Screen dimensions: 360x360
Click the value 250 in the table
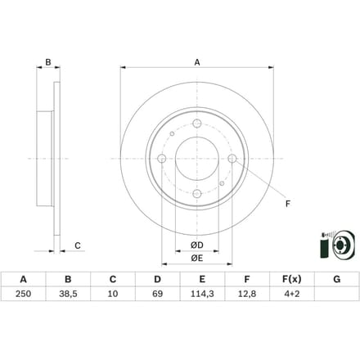pos(23,294)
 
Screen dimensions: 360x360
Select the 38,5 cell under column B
pos(68,294)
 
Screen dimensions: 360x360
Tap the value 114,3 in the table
pos(202,294)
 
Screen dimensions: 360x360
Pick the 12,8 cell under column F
pos(247,294)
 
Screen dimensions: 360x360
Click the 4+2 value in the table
pos(292,294)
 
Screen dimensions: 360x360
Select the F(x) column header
pos(292,279)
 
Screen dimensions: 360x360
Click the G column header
pos(337,279)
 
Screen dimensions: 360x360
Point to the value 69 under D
pos(157,294)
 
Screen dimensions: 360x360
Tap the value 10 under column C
pos(113,294)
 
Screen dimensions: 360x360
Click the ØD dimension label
pos(197,245)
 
